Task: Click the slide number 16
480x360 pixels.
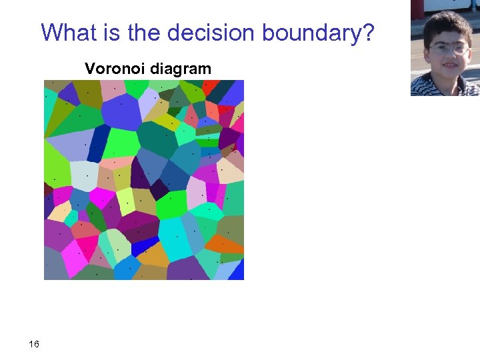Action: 34,344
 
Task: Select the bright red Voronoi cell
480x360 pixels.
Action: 210,87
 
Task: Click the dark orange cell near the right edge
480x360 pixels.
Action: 233,244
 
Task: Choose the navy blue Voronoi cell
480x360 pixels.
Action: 99,141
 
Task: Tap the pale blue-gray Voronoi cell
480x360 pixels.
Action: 84,175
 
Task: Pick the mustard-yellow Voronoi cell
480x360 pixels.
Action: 155,255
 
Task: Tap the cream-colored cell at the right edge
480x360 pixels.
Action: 231,170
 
